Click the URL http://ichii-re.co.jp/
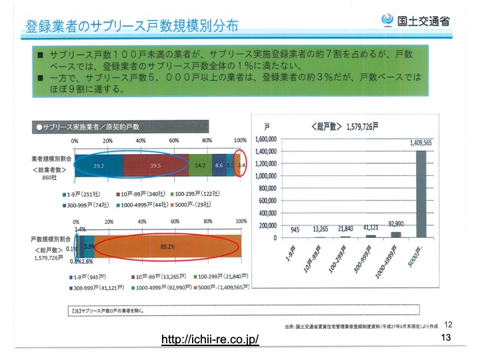210,341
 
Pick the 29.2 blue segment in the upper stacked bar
98,165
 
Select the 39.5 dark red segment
155,165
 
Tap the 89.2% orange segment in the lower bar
167,246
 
